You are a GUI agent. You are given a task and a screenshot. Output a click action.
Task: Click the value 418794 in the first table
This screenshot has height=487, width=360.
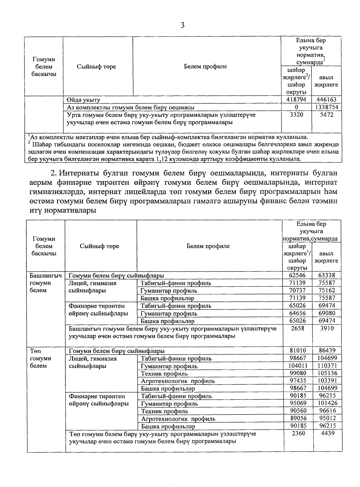tap(296, 99)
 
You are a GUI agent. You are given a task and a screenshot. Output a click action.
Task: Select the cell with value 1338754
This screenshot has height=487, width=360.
tap(327, 107)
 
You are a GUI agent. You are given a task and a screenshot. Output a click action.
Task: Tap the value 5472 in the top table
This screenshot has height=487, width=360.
tap(327, 115)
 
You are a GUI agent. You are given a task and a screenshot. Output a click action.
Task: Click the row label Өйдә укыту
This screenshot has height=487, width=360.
tap(83, 100)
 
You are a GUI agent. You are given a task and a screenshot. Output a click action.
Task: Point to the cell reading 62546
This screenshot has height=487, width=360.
tap(298, 275)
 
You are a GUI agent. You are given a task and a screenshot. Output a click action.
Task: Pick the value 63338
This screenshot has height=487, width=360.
tap(327, 275)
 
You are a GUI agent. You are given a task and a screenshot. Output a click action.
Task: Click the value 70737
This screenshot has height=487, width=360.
tap(298, 290)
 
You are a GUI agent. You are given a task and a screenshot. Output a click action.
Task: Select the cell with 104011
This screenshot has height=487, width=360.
tap(298, 366)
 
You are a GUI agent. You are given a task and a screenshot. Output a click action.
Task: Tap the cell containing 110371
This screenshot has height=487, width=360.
tap(327, 366)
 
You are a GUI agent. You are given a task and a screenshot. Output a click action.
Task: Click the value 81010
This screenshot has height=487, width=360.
tap(298, 350)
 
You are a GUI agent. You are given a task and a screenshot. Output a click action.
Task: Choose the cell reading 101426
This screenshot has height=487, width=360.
tap(327, 403)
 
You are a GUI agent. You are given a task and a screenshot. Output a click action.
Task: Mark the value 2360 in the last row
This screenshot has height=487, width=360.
tap(298, 433)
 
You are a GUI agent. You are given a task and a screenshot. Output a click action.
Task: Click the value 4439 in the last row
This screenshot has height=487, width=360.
tap(327, 433)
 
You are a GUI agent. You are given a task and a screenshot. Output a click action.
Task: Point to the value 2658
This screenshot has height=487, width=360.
tap(298, 328)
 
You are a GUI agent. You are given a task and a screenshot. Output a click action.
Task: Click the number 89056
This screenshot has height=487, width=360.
tap(298, 418)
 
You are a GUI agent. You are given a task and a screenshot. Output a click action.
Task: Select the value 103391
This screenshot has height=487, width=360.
tap(327, 381)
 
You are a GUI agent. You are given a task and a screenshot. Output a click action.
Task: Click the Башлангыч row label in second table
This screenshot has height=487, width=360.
tap(45, 275)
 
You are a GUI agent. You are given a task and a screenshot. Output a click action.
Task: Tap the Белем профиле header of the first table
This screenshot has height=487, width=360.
tap(205, 67)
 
